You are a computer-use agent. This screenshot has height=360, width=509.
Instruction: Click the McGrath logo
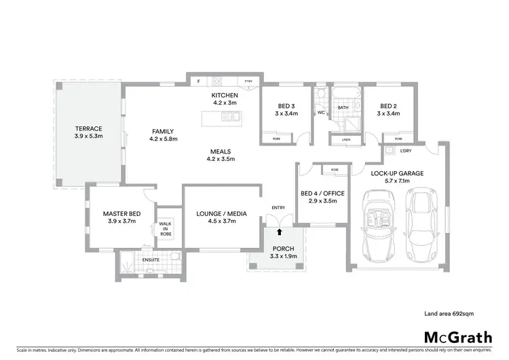[x=457, y=337]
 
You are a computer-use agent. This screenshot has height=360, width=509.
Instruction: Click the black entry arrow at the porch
[x=277, y=232]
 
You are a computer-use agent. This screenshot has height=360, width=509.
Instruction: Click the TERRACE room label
[x=88, y=128]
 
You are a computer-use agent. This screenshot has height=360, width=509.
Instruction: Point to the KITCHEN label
[x=224, y=95]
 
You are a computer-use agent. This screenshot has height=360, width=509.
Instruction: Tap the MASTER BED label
[x=121, y=214]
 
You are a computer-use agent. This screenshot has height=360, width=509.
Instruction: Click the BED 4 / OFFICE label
[x=322, y=194]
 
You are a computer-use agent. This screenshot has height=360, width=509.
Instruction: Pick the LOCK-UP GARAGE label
[x=397, y=173]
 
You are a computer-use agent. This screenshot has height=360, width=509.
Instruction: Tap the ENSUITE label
[x=151, y=259]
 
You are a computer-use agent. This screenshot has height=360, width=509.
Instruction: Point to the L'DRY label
[x=407, y=150]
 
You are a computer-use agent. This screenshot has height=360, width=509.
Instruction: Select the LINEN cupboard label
[x=346, y=140]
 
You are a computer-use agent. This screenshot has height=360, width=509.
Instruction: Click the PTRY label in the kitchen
[x=249, y=82]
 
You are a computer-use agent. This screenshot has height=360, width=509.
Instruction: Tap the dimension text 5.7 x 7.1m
[x=397, y=182]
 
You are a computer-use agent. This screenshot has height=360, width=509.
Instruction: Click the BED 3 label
[x=286, y=106]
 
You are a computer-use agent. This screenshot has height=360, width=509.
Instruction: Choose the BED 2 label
[x=388, y=106]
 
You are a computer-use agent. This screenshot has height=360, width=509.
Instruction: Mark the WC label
[x=321, y=113]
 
